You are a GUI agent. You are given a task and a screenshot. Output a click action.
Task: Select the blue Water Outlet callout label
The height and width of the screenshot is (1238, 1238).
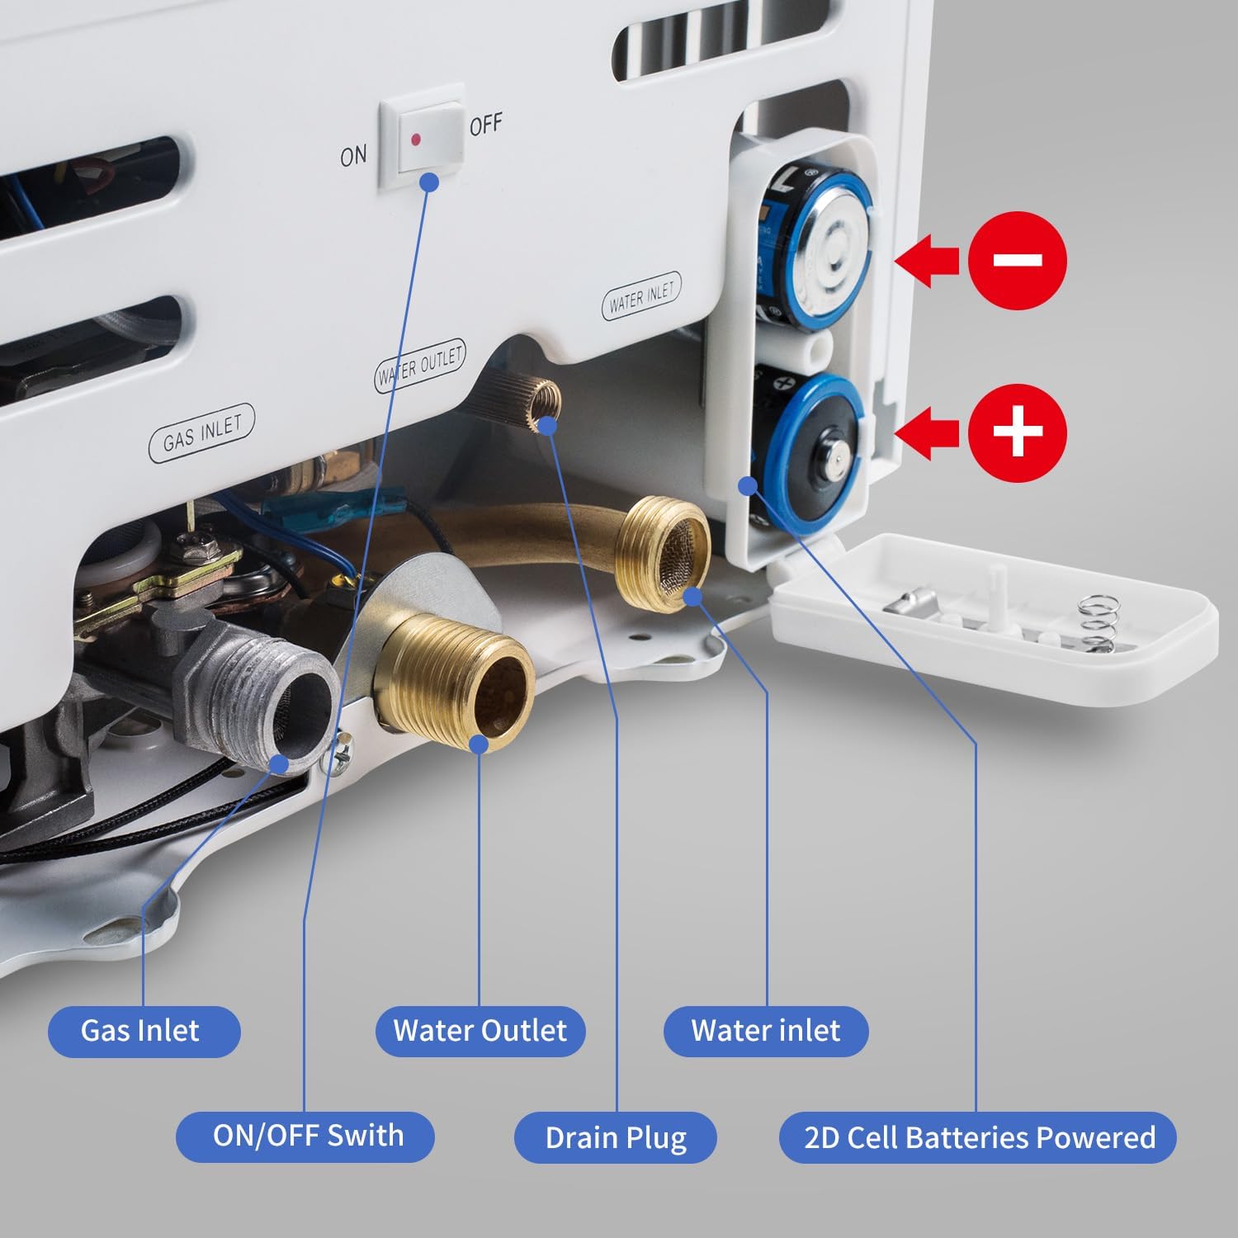tap(480, 1032)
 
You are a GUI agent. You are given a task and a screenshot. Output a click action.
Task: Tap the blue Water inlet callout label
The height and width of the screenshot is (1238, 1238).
tap(766, 1032)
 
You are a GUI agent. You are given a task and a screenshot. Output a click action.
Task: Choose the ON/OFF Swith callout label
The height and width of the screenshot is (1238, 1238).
tap(305, 1136)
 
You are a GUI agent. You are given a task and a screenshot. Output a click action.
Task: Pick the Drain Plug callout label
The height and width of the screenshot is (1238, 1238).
tap(616, 1137)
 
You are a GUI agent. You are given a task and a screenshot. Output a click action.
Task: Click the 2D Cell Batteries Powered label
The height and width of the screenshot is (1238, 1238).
tap(978, 1137)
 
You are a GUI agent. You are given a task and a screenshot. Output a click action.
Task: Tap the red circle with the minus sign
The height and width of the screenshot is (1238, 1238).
tap(1018, 261)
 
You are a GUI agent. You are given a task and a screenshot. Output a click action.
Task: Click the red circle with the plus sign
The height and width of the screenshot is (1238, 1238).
tap(1018, 431)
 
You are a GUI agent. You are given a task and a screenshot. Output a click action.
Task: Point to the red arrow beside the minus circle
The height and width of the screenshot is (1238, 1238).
tap(926, 261)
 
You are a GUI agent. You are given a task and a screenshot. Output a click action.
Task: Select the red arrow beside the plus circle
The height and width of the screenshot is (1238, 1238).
tap(926, 432)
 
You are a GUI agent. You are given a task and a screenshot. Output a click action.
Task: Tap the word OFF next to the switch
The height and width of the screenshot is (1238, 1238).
tap(485, 125)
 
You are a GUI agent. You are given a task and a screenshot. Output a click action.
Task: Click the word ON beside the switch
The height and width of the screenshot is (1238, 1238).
tap(353, 154)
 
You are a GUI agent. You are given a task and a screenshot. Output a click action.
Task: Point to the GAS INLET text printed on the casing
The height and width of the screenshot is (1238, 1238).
tap(202, 434)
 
